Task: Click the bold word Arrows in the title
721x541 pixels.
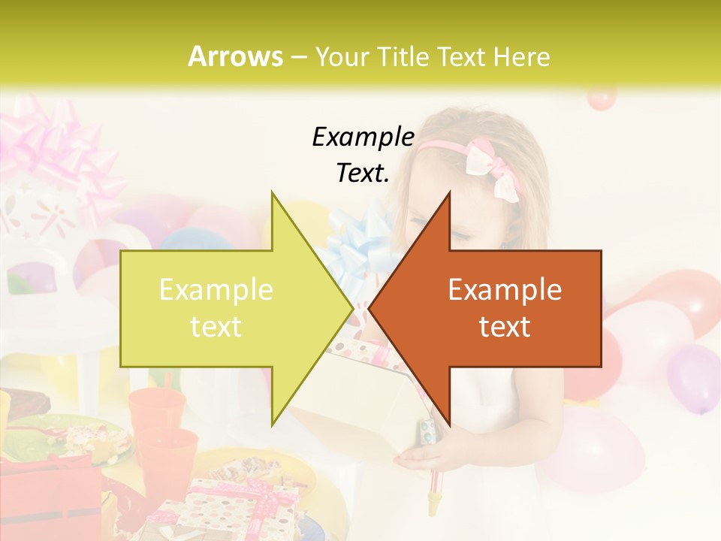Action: point(236,56)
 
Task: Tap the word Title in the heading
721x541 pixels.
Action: point(402,56)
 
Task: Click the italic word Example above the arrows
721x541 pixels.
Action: point(363,138)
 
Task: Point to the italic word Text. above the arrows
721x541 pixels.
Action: point(363,174)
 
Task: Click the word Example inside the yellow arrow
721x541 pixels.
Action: point(216,289)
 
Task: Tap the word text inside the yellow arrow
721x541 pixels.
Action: point(216,326)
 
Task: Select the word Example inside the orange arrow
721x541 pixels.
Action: point(505,289)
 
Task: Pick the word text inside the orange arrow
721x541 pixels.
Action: point(505,326)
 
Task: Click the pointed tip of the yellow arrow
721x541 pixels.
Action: point(351,308)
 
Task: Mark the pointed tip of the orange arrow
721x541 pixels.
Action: point(370,308)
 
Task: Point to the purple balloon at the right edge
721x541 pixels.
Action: point(695,376)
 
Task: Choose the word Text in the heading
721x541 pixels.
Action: point(461,56)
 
